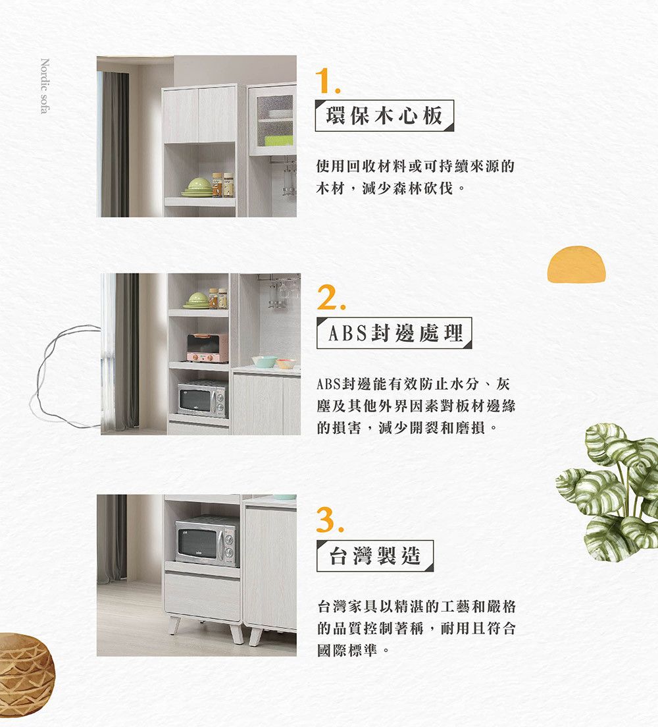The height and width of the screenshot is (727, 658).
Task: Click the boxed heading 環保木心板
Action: coord(384,115)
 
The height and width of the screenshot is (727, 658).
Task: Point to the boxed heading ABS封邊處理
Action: coord(394,333)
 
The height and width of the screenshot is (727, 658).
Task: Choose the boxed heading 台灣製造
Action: coord(375,555)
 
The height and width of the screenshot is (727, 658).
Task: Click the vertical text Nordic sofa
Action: coord(45,86)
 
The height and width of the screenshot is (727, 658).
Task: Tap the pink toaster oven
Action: coord(207,348)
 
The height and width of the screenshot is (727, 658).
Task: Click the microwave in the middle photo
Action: coord(203,399)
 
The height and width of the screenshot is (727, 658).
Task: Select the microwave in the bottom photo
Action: coord(206,541)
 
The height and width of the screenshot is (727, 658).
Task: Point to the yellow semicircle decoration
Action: coord(576,264)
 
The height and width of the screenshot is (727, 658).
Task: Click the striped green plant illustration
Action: coord(608,491)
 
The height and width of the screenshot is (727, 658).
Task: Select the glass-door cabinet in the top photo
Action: coord(272,120)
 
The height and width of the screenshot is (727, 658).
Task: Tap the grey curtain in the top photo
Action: coord(115,144)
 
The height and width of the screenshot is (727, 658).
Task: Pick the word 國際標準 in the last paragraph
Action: coord(347,650)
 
